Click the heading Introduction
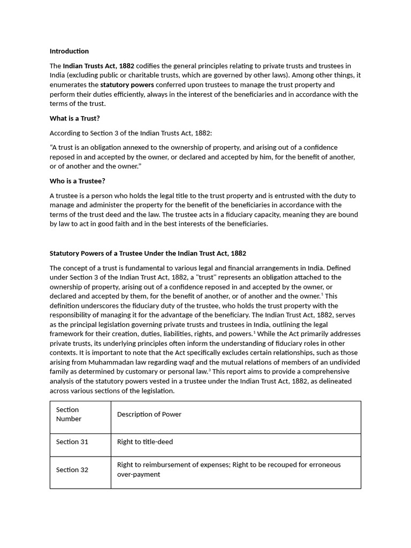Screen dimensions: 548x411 pyautogui.click(x=69, y=51)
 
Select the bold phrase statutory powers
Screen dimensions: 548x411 pyautogui.click(x=127, y=85)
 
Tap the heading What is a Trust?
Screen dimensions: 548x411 pyautogui.click(x=74, y=118)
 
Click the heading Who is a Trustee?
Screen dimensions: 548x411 pyautogui.click(x=77, y=181)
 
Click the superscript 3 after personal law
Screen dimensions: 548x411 pyautogui.click(x=210, y=370)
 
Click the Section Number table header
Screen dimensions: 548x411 pyautogui.click(x=68, y=414)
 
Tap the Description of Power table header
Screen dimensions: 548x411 pyautogui.click(x=149, y=414)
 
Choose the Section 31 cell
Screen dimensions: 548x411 pyautogui.click(x=72, y=442)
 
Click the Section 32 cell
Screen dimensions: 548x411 pyautogui.click(x=72, y=470)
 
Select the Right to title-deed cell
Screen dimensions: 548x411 pyautogui.click(x=145, y=442)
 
